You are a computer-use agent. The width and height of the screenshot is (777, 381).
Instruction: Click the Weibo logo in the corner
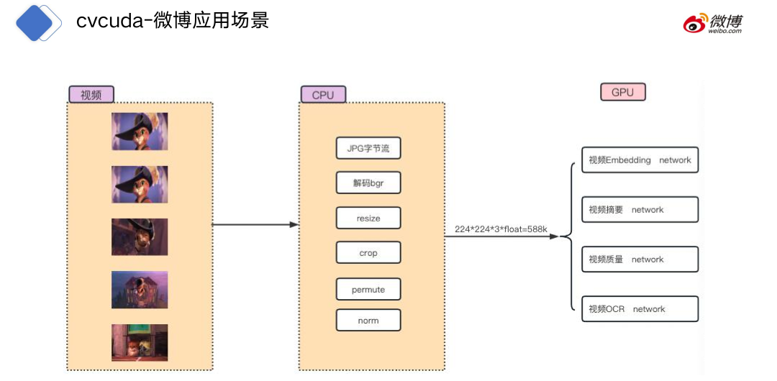[712, 24]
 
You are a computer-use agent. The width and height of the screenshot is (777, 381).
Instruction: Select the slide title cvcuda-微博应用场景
[173, 21]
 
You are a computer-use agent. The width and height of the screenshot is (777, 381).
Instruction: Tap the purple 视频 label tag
[91, 95]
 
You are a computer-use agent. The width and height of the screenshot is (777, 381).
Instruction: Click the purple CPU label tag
[323, 95]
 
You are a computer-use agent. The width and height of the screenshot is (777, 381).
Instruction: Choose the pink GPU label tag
[623, 92]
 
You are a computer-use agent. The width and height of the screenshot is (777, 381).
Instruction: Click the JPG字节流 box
[368, 148]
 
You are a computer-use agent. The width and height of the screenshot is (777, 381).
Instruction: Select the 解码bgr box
[368, 183]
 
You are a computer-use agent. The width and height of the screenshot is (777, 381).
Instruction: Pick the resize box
[368, 218]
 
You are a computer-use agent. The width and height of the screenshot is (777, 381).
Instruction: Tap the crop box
[368, 253]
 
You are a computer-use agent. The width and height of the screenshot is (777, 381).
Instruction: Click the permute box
[368, 290]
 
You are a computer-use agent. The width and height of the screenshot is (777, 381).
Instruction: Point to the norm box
[368, 321]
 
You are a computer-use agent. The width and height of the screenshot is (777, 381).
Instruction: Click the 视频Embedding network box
[639, 160]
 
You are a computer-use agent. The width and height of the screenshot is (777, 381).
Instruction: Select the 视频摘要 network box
[639, 210]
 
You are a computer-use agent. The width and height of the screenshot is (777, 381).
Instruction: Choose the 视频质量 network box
[639, 260]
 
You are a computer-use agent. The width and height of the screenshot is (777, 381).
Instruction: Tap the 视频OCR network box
[639, 309]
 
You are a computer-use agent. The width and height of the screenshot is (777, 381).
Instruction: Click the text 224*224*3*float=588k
[501, 229]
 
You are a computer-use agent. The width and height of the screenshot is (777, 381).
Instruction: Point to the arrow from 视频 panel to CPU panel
[255, 224]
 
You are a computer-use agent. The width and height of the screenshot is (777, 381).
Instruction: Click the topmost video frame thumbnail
[140, 132]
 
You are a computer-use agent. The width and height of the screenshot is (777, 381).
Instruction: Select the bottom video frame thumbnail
[140, 342]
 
